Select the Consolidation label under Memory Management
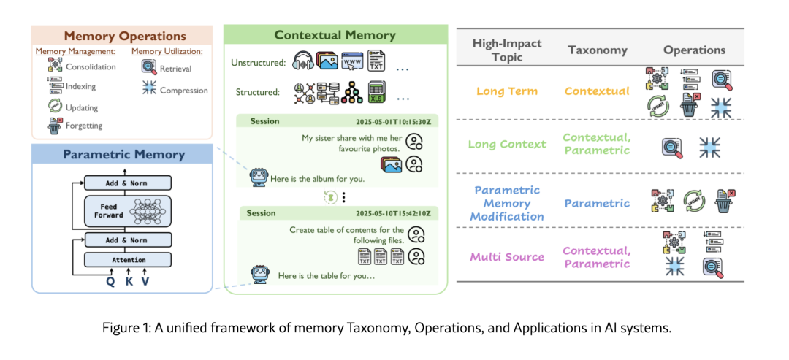91,67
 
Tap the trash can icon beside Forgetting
54,126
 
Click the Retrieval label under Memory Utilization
175,69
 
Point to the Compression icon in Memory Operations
148,91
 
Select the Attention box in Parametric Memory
128,259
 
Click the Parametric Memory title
123,154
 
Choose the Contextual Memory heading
335,35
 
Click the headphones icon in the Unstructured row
303,61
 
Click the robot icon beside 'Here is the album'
257,177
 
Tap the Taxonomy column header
597,50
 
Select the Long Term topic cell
507,91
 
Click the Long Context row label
507,144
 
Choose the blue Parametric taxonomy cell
596,204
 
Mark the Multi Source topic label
507,256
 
